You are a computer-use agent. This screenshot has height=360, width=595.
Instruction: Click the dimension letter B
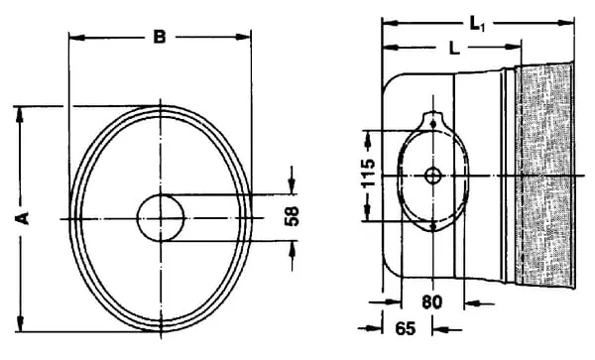pos(160,37)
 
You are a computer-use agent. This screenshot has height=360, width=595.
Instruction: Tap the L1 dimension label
pos(477,25)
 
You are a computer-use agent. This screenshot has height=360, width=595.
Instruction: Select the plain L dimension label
pos(454,49)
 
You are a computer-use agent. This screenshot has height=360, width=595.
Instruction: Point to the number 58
pos(292,216)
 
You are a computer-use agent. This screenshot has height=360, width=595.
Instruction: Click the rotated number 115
pos(368,174)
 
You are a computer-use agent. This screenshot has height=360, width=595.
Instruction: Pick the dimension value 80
pos(432,302)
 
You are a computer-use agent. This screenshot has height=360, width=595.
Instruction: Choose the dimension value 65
pos(406,328)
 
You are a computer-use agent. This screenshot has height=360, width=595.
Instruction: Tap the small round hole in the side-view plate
pos(433,176)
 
